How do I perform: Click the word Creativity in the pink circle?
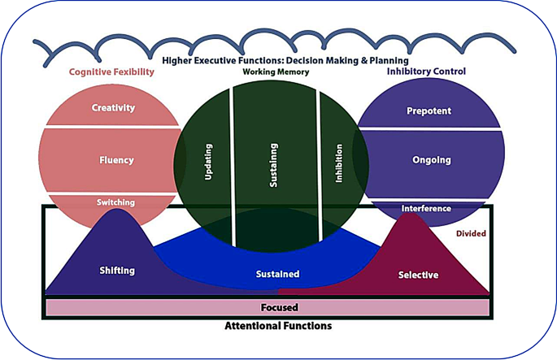pyautogui.click(x=113, y=108)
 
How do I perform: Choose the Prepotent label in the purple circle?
pyautogui.click(x=429, y=111)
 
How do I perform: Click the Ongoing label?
pyautogui.click(x=431, y=160)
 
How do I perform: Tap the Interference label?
pyautogui.click(x=426, y=209)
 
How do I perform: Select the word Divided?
pyautogui.click(x=472, y=233)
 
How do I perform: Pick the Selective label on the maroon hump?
pyautogui.click(x=418, y=275)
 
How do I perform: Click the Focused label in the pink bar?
pyautogui.click(x=279, y=308)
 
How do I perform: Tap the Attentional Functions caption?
pyautogui.click(x=279, y=326)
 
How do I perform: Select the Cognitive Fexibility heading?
pyautogui.click(x=111, y=72)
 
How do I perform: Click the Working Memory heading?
pyautogui.click(x=276, y=72)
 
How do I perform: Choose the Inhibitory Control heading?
pyautogui.click(x=428, y=72)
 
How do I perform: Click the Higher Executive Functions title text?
pyautogui.click(x=285, y=60)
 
